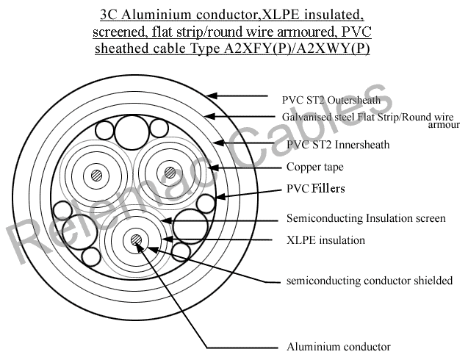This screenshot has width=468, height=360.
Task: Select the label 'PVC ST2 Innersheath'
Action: click(338, 145)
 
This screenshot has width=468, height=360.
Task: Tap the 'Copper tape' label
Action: click(314, 168)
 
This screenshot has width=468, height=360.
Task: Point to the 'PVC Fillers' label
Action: click(315, 189)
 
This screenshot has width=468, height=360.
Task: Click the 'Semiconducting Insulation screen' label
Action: click(366, 218)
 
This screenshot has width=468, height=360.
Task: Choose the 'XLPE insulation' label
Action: click(325, 240)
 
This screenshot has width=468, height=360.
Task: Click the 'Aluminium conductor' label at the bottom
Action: click(338, 346)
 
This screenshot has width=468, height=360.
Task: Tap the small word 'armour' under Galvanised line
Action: click(443, 126)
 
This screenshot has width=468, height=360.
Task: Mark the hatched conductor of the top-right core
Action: click(170, 173)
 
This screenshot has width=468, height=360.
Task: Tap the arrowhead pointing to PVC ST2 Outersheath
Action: click(212, 96)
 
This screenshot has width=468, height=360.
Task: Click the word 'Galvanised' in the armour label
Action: click(308, 117)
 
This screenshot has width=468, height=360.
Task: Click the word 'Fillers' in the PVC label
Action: click(328, 189)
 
